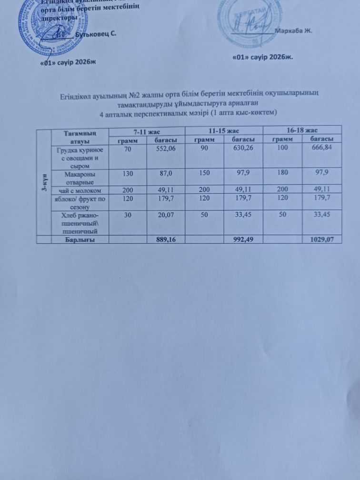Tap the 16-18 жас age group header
[303, 130]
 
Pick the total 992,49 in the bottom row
[243, 240]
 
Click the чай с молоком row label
[80, 190]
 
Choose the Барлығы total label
[80, 240]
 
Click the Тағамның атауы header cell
[80, 135]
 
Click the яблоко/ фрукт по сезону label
[80, 201]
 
